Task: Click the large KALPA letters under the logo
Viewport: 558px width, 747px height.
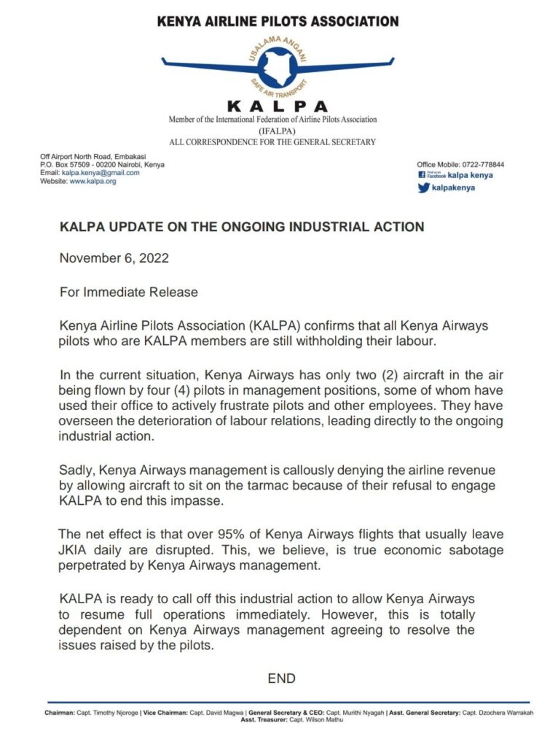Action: pyautogui.click(x=278, y=107)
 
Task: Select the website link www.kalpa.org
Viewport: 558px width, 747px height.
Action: pyautogui.click(x=93, y=181)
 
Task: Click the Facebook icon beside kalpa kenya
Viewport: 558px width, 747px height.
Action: pyautogui.click(x=422, y=175)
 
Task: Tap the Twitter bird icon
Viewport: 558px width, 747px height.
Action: pyautogui.click(x=423, y=187)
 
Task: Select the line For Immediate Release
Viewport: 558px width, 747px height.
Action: pyautogui.click(x=128, y=292)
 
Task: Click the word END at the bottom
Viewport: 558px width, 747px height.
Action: pyautogui.click(x=281, y=678)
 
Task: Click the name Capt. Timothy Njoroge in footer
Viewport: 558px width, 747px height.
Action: pyautogui.click(x=109, y=712)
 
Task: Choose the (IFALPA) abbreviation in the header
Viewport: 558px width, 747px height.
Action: pyautogui.click(x=272, y=131)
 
